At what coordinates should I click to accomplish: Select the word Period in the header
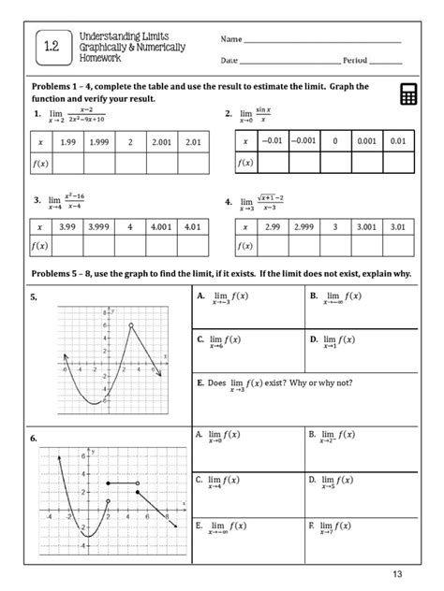point(355,60)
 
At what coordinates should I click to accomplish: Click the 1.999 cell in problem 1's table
point(100,141)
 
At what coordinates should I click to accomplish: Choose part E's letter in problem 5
point(200,382)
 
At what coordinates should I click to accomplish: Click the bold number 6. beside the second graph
point(33,437)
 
